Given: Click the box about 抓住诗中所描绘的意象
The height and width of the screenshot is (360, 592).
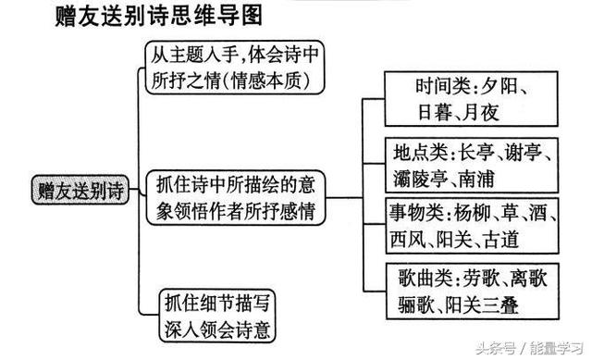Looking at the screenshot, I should (236, 197).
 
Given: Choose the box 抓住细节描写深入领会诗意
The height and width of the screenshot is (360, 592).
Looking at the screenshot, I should (221, 316).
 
